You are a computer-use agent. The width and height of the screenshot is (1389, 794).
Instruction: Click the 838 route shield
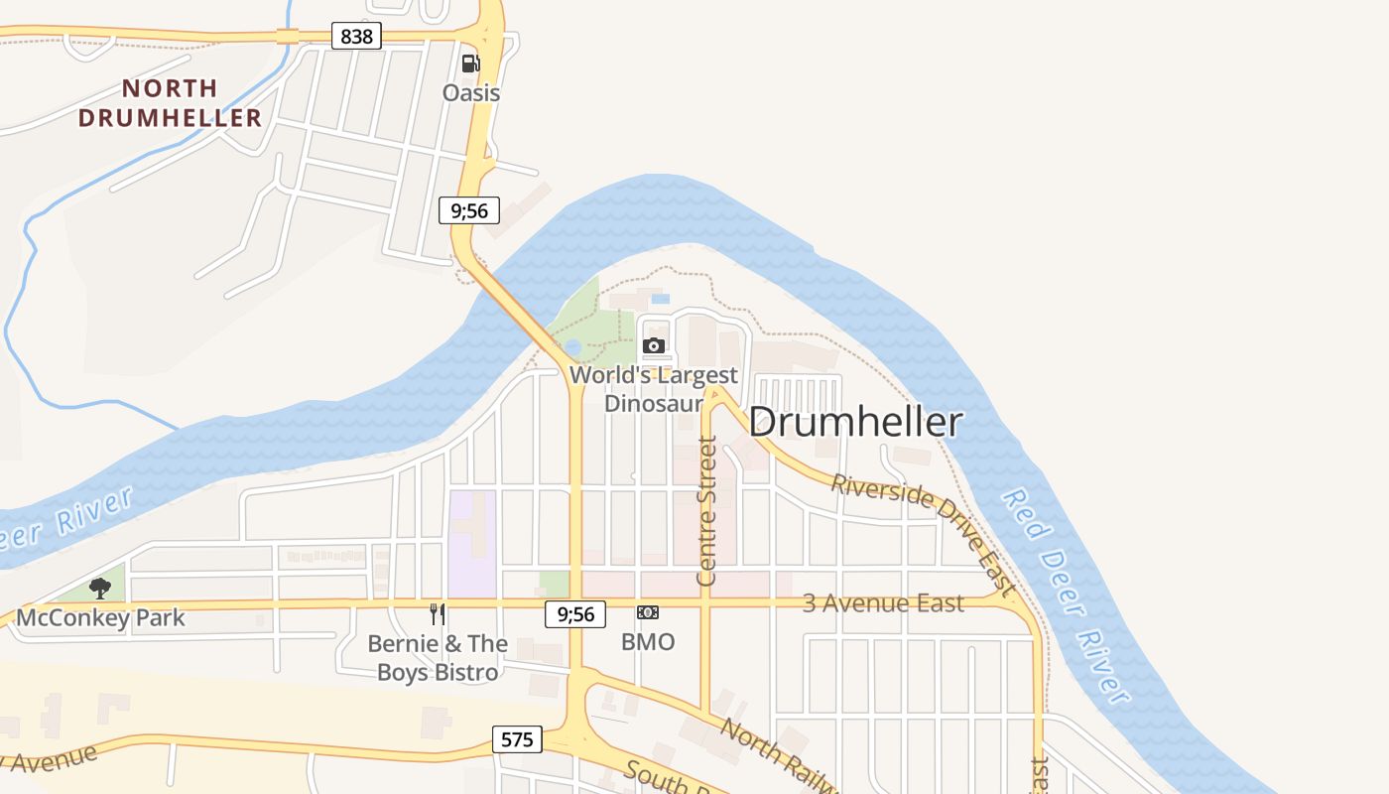click(356, 37)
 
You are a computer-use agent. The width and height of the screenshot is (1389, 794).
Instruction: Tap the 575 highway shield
click(517, 739)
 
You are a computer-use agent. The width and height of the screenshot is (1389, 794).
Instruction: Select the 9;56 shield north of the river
click(469, 210)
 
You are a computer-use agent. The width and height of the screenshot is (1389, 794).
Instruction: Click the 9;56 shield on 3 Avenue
click(575, 614)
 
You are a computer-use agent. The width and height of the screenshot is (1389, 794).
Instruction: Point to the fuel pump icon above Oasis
click(470, 64)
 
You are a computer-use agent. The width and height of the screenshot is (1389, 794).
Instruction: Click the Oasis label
click(470, 93)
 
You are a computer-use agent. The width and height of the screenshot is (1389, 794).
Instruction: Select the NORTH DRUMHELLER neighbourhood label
click(170, 103)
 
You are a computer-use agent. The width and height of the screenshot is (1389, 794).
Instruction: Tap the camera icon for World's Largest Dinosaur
click(654, 345)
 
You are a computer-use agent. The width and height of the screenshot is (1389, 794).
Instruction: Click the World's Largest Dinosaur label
click(654, 389)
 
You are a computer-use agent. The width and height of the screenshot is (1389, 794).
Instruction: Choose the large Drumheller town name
click(855, 422)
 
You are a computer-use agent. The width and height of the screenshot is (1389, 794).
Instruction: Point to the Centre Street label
click(707, 510)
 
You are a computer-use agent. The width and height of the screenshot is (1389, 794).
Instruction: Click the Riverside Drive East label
click(924, 534)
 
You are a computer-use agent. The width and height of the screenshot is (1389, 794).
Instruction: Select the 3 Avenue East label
click(883, 603)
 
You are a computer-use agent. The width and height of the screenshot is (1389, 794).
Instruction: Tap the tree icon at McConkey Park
click(99, 588)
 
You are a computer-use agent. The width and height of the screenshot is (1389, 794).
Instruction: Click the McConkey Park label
click(101, 618)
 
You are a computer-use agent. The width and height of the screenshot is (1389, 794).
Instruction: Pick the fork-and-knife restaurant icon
click(437, 614)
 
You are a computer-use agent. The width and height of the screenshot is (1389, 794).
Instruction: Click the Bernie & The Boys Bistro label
click(438, 658)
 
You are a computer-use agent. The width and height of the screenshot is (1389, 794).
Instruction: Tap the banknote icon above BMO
click(648, 612)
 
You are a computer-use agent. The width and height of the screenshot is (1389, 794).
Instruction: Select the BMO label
click(648, 642)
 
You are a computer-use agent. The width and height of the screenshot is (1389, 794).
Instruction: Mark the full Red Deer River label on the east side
click(1066, 595)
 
